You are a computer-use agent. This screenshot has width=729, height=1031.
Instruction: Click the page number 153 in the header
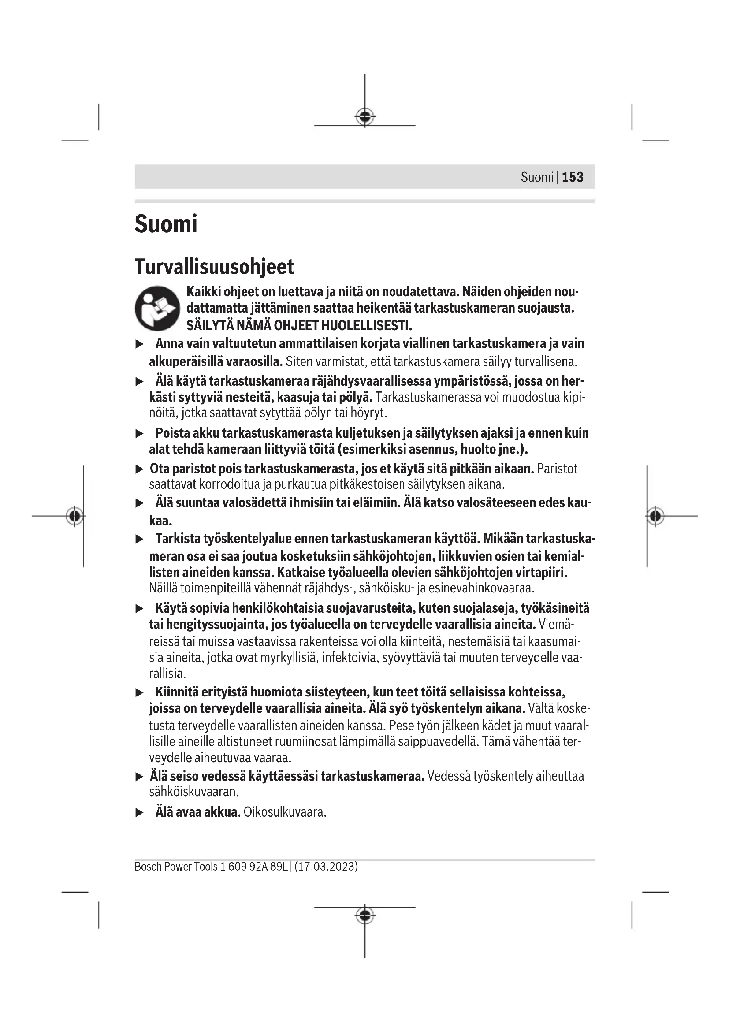pyautogui.click(x=573, y=177)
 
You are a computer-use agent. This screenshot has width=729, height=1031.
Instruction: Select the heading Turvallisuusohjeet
pyautogui.click(x=214, y=266)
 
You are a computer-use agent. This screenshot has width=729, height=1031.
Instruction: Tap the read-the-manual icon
pyautogui.click(x=157, y=308)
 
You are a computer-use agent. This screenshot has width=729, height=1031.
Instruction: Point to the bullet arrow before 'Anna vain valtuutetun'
pyautogui.click(x=140, y=344)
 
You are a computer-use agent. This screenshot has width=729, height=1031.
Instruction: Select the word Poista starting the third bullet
pyautogui.click(x=172, y=433)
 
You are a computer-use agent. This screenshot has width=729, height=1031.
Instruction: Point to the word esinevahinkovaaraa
pyautogui.click(x=481, y=588)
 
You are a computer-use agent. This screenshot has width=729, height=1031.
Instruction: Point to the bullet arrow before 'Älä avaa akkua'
pyautogui.click(x=140, y=812)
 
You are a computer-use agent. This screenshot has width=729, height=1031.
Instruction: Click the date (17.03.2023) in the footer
pyautogui.click(x=326, y=866)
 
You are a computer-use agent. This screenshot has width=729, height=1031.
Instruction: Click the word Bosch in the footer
pyautogui.click(x=148, y=866)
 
